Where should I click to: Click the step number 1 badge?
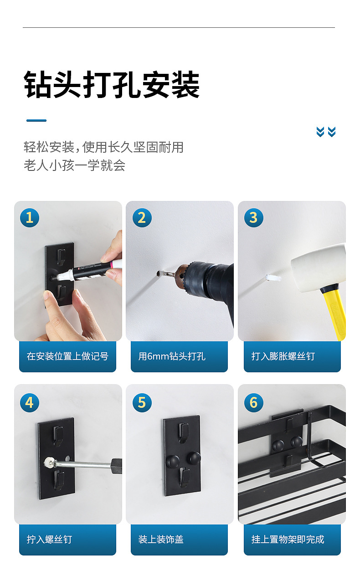coord(30,218)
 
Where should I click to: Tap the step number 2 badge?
coord(142,218)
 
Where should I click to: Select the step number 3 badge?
coord(254,218)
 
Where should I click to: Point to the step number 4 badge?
coord(30,403)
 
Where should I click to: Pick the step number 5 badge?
coord(142,403)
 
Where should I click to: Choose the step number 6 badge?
coord(254,403)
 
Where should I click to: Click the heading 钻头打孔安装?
coord(112,84)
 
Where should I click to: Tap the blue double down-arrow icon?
coord(326,132)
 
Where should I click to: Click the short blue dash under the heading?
coord(36,121)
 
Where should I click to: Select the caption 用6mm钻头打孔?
coord(172,356)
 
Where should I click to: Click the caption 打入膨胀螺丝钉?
coord(283,356)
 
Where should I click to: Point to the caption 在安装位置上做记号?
coord(67,356)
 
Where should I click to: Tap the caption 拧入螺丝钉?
coord(49,540)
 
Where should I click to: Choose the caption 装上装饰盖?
coord(161,540)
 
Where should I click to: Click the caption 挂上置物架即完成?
coord(288,540)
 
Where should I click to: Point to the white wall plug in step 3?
coord(273,278)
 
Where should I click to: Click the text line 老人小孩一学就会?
coord(75,165)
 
